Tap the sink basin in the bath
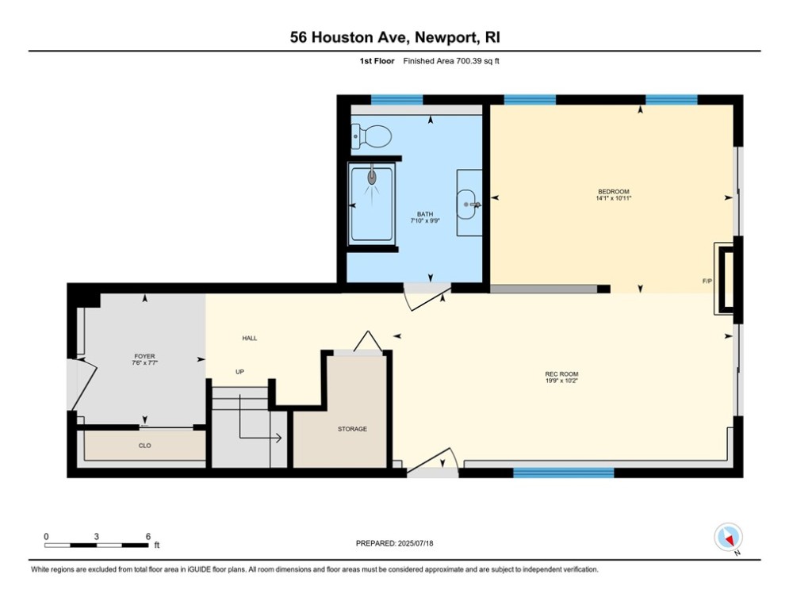(466, 205)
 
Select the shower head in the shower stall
(372, 177)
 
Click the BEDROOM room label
(614, 192)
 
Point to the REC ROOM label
(561, 374)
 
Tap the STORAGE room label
(352, 429)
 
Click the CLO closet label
(145, 446)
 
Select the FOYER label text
(144, 356)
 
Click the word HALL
(250, 339)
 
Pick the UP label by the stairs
(239, 372)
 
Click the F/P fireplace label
(707, 281)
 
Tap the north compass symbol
(728, 538)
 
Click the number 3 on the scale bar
(96, 537)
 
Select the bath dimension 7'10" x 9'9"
(425, 220)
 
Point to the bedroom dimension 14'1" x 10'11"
(614, 198)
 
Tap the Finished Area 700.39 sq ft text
(451, 61)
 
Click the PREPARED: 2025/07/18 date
(395, 543)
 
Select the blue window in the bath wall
(396, 100)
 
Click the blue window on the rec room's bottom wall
(564, 473)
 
